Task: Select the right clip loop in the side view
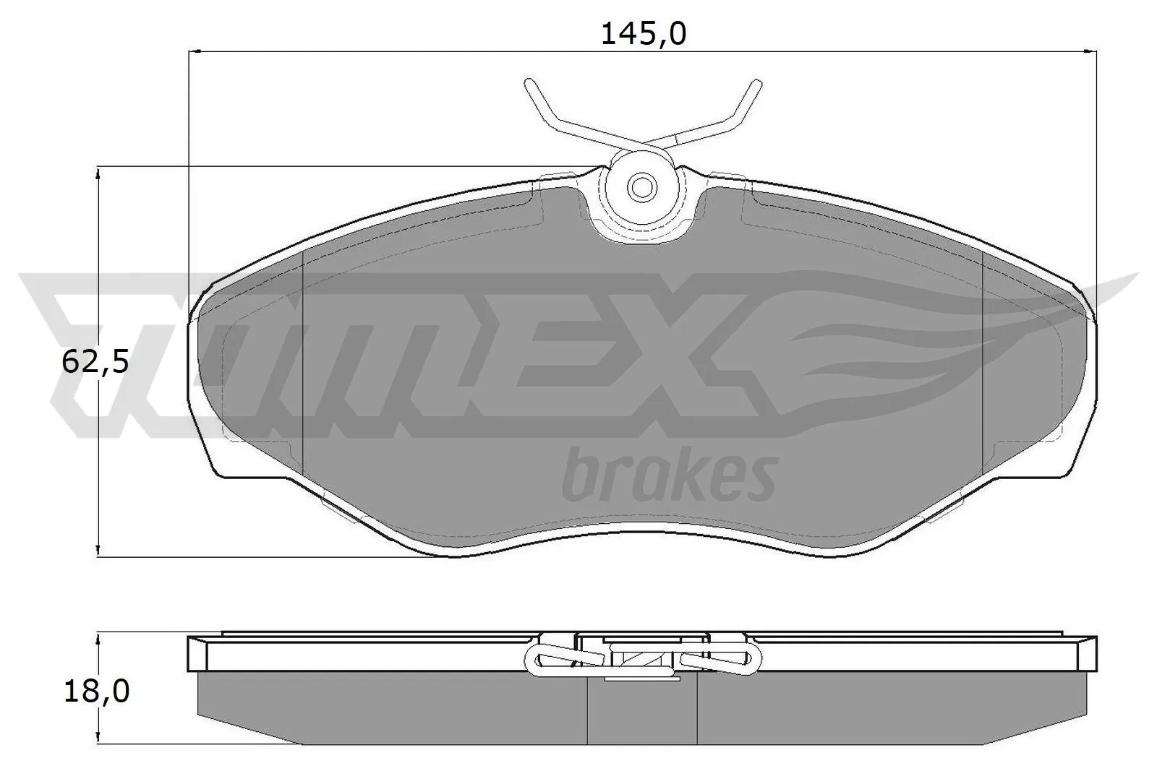(745, 658)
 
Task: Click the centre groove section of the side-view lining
(642, 715)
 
